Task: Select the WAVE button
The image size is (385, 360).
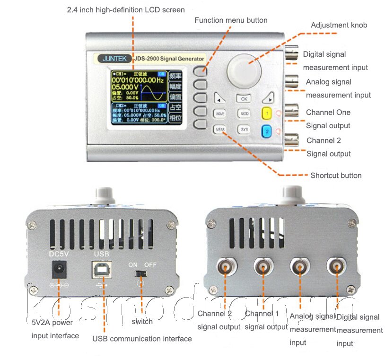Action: click(x=220, y=114)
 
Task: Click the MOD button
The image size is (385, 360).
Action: click(x=244, y=114)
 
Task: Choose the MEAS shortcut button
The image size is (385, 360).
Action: click(x=220, y=129)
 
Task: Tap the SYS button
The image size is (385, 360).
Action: click(x=244, y=129)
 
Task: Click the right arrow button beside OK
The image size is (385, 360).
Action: click(x=268, y=99)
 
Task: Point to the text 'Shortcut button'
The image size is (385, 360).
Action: click(x=336, y=176)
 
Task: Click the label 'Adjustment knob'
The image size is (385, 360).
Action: click(x=339, y=25)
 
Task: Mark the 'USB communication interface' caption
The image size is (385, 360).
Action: click(x=142, y=339)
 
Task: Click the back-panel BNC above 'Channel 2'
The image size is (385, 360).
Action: click(x=225, y=268)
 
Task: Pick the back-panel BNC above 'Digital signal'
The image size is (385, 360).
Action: click(x=337, y=268)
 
